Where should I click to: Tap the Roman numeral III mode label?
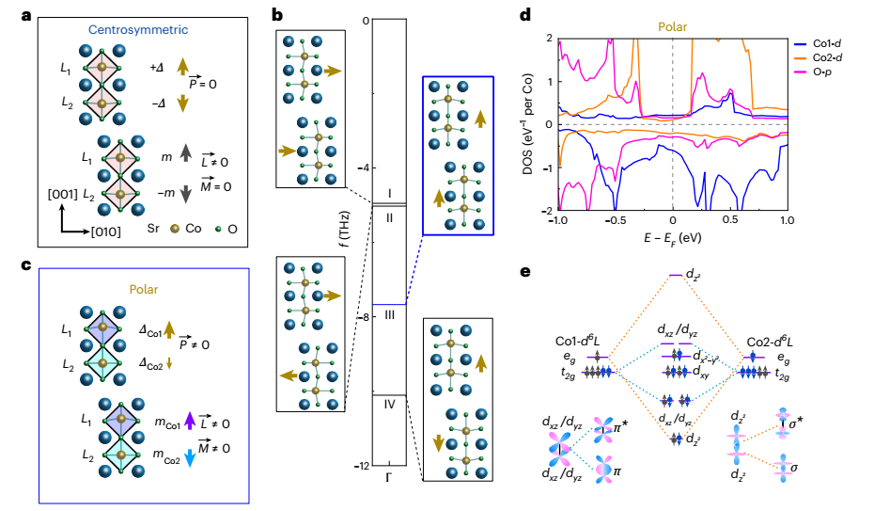tap(388, 314)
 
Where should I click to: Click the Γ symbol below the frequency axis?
tap(388, 478)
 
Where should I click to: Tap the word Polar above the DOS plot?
tap(673, 16)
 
